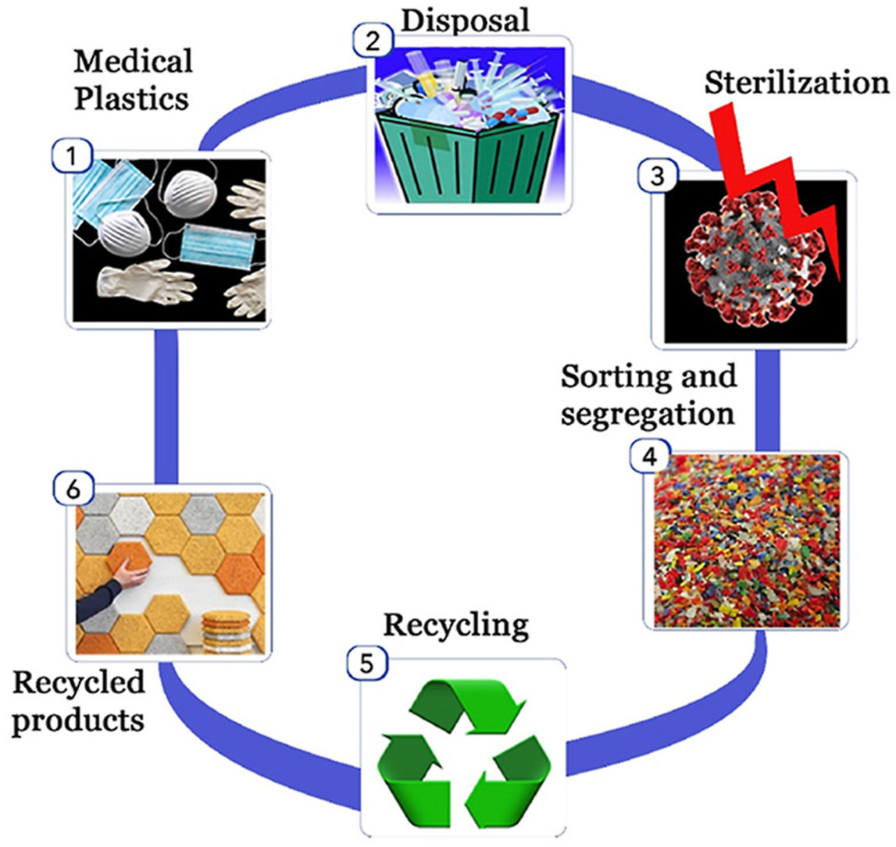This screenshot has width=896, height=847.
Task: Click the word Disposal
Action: [465, 19]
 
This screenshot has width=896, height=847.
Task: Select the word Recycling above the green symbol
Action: [456, 625]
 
